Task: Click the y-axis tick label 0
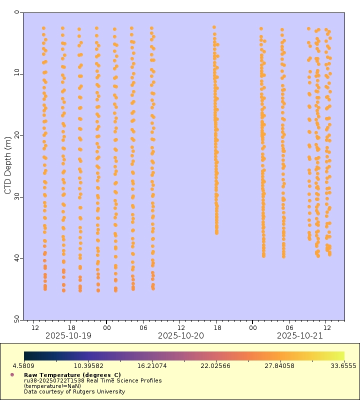click(16, 12)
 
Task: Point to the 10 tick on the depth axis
click(15, 74)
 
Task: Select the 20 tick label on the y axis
click(15, 135)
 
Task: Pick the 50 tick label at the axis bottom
click(15, 318)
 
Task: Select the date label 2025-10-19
click(68, 336)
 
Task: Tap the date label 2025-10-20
click(181, 336)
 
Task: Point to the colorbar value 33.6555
click(345, 366)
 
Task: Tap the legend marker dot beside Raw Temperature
click(12, 374)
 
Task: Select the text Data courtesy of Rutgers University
click(74, 391)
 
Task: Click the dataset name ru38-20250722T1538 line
click(92, 380)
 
